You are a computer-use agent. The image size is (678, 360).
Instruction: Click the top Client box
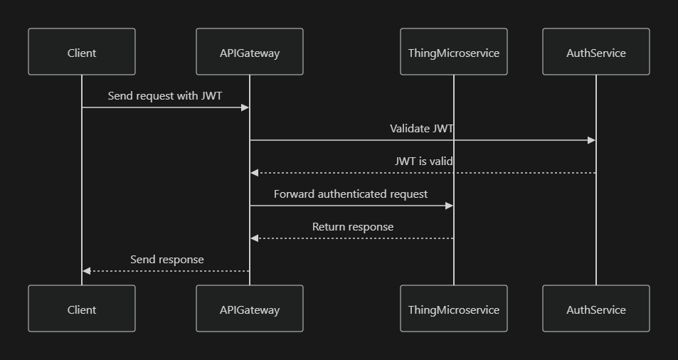(82, 52)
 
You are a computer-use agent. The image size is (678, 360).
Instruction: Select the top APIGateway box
(250, 52)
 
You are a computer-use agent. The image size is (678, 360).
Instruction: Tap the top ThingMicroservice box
(454, 52)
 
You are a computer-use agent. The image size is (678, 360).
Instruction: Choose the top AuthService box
(596, 52)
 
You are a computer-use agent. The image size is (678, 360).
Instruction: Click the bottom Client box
(82, 309)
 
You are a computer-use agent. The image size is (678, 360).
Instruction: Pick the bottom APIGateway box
(250, 309)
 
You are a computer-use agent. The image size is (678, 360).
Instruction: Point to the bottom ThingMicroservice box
(454, 309)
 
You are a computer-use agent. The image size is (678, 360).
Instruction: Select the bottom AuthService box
(596, 309)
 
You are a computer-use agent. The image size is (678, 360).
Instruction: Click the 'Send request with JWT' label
(165, 95)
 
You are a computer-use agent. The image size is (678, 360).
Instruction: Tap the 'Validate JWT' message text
(422, 129)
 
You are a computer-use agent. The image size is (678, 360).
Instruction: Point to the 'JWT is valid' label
(424, 162)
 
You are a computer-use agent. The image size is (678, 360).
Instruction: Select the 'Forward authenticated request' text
(351, 194)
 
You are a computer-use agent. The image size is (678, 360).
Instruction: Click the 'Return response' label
(353, 227)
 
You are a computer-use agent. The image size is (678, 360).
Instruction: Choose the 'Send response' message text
(167, 260)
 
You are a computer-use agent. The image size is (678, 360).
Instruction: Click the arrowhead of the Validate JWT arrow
(591, 140)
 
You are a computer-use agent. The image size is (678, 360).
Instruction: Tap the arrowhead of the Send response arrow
(87, 271)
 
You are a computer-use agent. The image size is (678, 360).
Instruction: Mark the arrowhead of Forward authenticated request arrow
(449, 206)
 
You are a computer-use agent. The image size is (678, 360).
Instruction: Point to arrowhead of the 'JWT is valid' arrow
(255, 173)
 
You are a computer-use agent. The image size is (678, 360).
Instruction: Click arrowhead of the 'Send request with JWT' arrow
(245, 107)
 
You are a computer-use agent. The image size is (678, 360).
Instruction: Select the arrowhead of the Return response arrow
(255, 238)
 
